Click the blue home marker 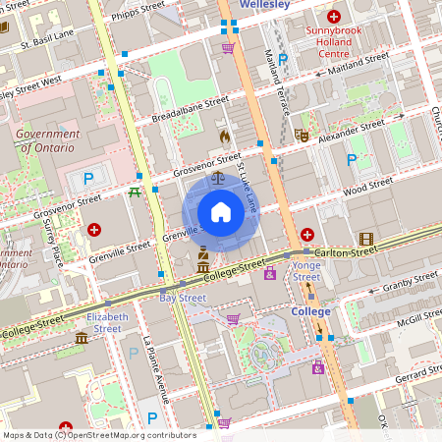[220, 212]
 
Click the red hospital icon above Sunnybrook [334, 17]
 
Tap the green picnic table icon [134, 193]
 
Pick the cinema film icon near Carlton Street [366, 239]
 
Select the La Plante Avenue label [153, 369]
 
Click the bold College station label [310, 311]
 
